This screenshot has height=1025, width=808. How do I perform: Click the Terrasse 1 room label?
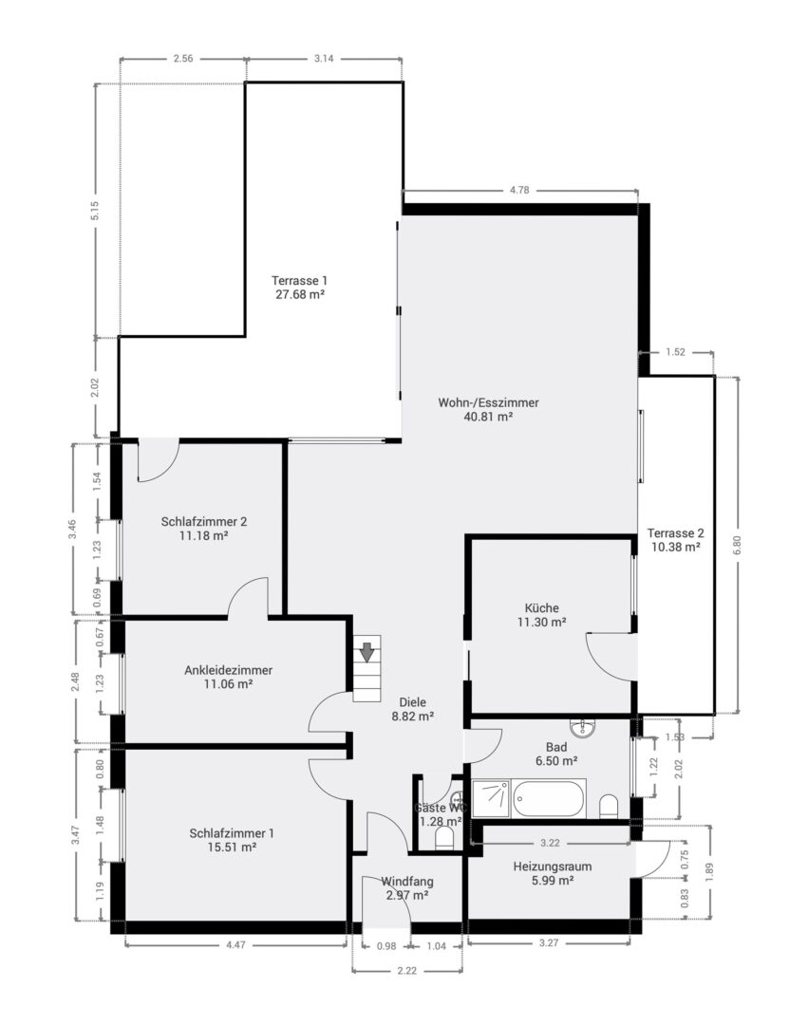click(x=298, y=280)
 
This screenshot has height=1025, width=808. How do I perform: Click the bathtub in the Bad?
click(x=549, y=798)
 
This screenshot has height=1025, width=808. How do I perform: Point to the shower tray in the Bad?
click(x=491, y=798)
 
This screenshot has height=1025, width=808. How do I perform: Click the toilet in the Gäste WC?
click(x=443, y=839)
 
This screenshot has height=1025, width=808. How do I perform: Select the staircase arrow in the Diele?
click(x=366, y=654)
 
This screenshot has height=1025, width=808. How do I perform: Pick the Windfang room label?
click(x=407, y=881)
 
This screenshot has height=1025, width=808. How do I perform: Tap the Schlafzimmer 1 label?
click(x=232, y=833)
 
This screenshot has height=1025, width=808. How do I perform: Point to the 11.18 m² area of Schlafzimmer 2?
click(x=204, y=535)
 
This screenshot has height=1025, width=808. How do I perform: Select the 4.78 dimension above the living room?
click(x=519, y=191)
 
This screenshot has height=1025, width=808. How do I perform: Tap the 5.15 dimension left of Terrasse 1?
click(x=95, y=211)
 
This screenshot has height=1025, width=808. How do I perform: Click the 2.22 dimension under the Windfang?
click(x=405, y=971)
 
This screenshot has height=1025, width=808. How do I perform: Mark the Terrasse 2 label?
click(x=676, y=532)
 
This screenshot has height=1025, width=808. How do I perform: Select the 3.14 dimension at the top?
click(x=324, y=59)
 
